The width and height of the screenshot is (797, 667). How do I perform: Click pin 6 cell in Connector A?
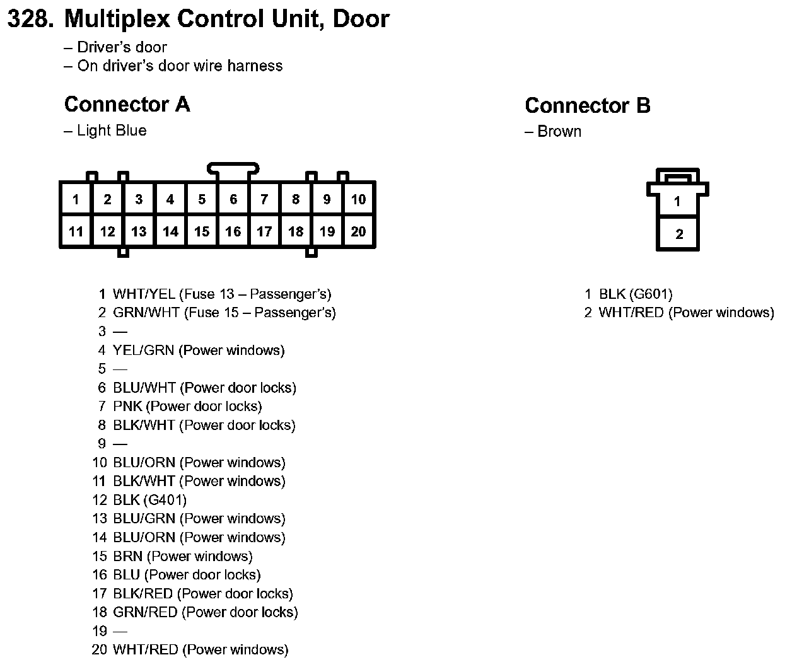[233, 200]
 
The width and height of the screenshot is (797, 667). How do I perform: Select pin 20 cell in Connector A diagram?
[358, 231]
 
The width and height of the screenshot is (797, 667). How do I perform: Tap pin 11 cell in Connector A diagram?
[76, 231]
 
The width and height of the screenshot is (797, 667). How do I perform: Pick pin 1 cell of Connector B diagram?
[677, 202]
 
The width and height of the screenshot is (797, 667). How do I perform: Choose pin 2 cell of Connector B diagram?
[678, 235]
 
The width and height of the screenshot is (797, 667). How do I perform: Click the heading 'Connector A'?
[127, 105]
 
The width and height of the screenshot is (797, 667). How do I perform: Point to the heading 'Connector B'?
[587, 106]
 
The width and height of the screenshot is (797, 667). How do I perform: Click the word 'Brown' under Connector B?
[559, 132]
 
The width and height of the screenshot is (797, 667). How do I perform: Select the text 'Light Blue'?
[112, 130]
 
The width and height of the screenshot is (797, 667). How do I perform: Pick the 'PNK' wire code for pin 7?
[127, 406]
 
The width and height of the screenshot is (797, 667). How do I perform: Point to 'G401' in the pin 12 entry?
[165, 500]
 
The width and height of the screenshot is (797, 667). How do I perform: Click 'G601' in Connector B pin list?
[651, 294]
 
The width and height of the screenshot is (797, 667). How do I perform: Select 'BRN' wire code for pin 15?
[127, 556]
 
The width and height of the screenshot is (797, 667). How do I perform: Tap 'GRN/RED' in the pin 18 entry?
[145, 612]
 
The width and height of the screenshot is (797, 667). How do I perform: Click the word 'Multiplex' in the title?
[117, 19]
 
